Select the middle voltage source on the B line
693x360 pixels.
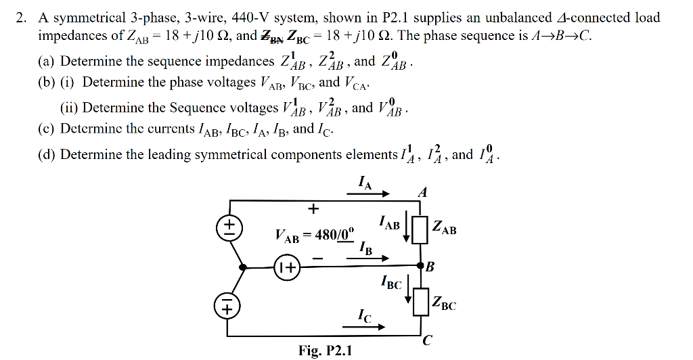287,269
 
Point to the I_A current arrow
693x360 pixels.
369,195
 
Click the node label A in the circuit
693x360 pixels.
423,192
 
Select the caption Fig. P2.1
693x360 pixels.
325,350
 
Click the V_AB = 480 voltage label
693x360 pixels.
314,236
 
